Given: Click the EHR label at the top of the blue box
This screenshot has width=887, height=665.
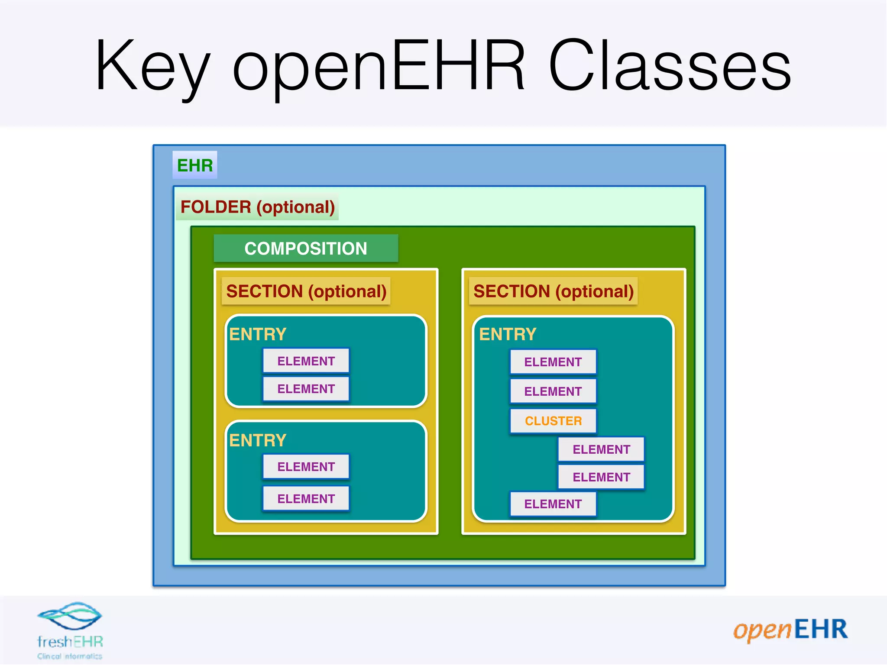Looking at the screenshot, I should (x=195, y=165).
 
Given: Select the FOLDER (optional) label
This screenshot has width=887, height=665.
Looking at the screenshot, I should (x=257, y=207).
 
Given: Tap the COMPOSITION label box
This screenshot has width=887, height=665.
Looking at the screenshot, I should (x=306, y=249).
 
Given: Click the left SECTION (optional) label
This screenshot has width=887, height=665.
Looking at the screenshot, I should (x=306, y=291).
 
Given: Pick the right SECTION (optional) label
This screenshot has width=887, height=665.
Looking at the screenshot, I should (x=553, y=291).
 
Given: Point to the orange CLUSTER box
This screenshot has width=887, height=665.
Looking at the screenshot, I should (x=553, y=421).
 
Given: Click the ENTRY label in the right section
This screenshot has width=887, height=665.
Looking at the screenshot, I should (x=508, y=334).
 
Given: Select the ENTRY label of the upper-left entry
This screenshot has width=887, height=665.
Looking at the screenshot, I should (x=258, y=334).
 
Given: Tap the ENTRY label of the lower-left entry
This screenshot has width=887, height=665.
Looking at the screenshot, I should (x=258, y=440).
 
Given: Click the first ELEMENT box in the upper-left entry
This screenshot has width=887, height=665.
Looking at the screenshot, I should (x=306, y=361).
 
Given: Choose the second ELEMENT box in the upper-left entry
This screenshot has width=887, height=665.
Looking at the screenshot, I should (x=306, y=389).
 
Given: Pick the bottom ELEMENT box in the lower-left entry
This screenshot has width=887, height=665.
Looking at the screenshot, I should (x=306, y=499).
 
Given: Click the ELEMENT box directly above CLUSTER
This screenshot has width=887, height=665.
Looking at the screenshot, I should (x=553, y=391).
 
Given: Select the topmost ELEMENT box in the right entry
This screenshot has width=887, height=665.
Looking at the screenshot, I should (x=553, y=362).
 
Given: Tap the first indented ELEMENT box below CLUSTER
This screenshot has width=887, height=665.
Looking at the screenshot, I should (x=601, y=449).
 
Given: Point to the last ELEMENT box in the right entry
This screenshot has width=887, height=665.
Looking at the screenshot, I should (x=553, y=504).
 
